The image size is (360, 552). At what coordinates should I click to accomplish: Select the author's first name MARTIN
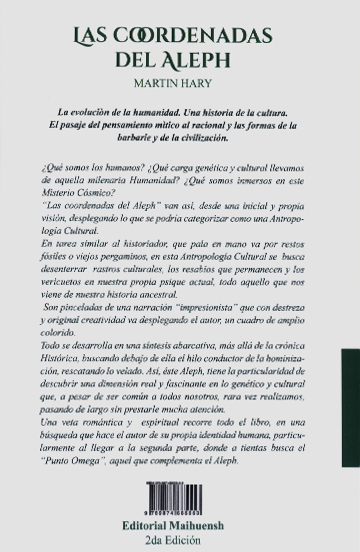point(156,85)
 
